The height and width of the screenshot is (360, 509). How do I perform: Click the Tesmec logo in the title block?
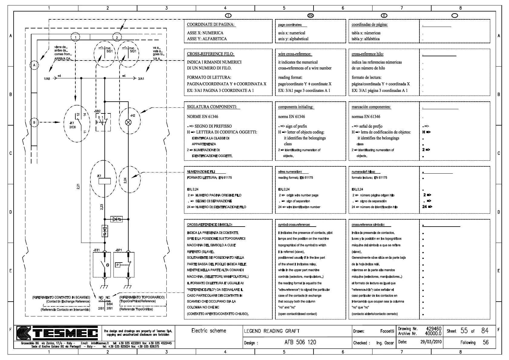pyautogui.click(x=57, y=333)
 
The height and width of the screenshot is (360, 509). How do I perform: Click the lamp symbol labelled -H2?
pyautogui.click(x=128, y=123)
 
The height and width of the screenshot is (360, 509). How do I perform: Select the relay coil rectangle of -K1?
pyautogui.click(x=105, y=181)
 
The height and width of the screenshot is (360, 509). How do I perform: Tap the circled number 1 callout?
pyautogui.click(x=75, y=37)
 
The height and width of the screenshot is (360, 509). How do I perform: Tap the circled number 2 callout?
pyautogui.click(x=117, y=37)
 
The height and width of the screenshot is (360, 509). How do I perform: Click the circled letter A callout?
pyautogui.click(x=34, y=65)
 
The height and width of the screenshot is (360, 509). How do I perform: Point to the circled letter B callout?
pyautogui.click(x=34, y=123)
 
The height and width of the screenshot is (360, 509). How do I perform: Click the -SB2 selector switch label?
pyautogui.click(x=97, y=111)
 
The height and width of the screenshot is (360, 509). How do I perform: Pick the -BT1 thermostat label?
pyautogui.click(x=97, y=250)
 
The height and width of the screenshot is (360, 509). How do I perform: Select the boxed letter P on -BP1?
pyautogui.click(x=118, y=265)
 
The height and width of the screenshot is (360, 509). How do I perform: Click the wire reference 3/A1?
pyautogui.click(x=141, y=79)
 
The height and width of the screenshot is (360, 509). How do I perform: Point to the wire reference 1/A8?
pyautogui.click(x=47, y=79)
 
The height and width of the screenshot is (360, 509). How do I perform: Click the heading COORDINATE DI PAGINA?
pyautogui.click(x=211, y=25)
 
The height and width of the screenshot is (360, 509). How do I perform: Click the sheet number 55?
pyautogui.click(x=464, y=331)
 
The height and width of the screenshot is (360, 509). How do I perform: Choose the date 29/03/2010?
pyautogui.click(x=431, y=342)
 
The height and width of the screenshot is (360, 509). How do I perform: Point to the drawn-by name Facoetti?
pyautogui.click(x=387, y=331)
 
